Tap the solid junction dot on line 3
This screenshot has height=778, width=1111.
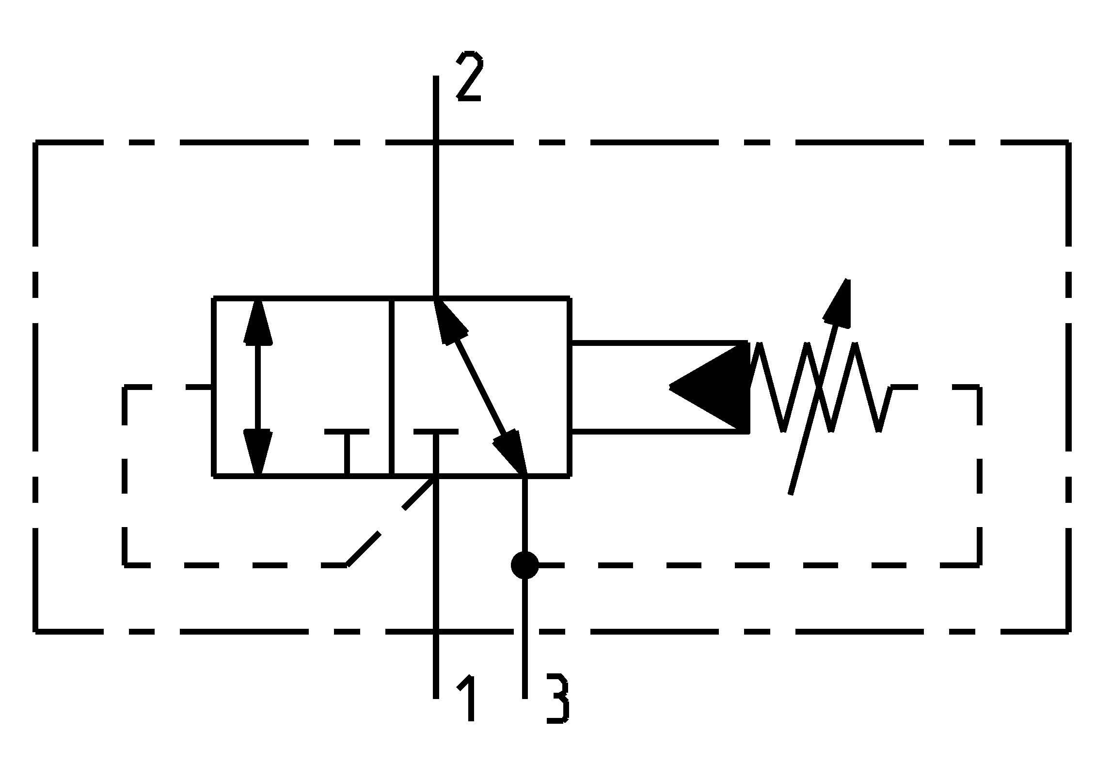[524, 565]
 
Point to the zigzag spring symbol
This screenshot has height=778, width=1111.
[819, 387]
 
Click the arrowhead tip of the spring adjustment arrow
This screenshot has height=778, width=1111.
[846, 281]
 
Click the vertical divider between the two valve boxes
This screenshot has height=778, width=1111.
[392, 387]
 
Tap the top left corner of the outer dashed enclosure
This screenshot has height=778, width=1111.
[35, 143]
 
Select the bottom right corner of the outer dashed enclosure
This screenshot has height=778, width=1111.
[1069, 631]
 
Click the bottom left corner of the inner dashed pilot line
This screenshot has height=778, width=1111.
[125, 564]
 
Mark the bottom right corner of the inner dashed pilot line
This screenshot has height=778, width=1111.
[979, 564]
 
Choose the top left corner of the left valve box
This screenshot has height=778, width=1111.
[214, 298]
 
